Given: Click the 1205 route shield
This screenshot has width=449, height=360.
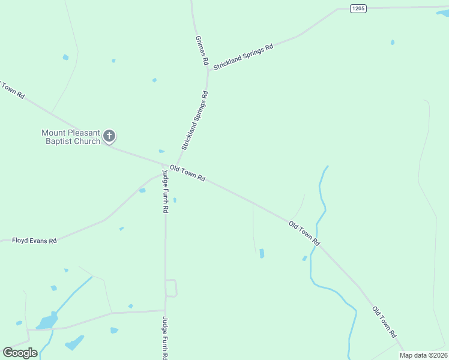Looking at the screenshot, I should coord(358,8).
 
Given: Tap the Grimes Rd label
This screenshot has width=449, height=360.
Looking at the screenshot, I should coord(202,50).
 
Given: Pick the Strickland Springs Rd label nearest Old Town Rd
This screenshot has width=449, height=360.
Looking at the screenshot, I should coord(195,121).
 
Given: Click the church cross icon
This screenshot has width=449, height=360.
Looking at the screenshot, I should coord(109,136).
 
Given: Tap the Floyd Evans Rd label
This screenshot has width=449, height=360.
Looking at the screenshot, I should coord(34,241).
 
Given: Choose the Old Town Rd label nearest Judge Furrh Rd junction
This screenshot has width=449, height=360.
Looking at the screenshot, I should coord(187,173).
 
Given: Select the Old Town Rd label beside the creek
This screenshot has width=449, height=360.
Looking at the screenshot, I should coord(304,233).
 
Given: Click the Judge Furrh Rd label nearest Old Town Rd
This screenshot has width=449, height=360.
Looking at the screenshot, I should coord(164,191).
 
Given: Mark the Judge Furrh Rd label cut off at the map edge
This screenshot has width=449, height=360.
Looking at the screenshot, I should coord(165,338).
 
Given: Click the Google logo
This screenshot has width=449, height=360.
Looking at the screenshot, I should coord(20,353).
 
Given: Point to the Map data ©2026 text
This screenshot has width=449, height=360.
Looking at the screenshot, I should coord(423,355).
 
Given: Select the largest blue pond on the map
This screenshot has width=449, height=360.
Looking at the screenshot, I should coord(47,322).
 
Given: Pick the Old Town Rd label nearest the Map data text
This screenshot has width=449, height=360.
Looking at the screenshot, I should coord(385,322).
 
